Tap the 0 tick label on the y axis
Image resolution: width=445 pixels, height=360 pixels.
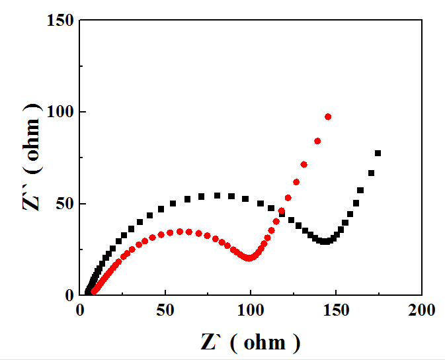(x=68, y=295)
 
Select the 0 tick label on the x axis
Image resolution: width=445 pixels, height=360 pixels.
(x=80, y=310)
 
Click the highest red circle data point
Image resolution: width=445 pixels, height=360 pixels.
(x=328, y=116)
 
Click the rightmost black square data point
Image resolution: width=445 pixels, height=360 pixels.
(x=378, y=153)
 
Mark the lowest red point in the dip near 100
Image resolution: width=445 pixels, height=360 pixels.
(x=249, y=257)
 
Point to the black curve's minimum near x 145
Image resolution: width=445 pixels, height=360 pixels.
(x=325, y=242)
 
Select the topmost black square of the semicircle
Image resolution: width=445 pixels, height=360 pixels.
(x=217, y=195)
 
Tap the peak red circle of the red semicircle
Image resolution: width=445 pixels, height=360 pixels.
(x=179, y=231)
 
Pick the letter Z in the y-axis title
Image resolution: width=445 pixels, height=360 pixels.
(x=31, y=200)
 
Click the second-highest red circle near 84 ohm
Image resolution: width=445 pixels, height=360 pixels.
(x=317, y=141)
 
